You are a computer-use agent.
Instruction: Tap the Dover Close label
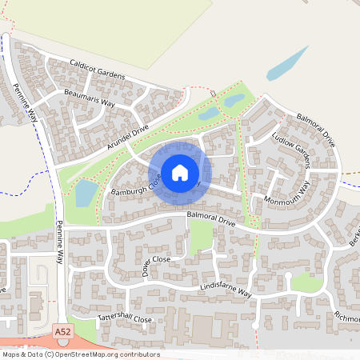click(x=156, y=264)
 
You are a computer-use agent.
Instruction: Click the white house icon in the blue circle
click(x=180, y=172)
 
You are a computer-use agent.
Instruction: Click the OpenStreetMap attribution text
click(x=80, y=354)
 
